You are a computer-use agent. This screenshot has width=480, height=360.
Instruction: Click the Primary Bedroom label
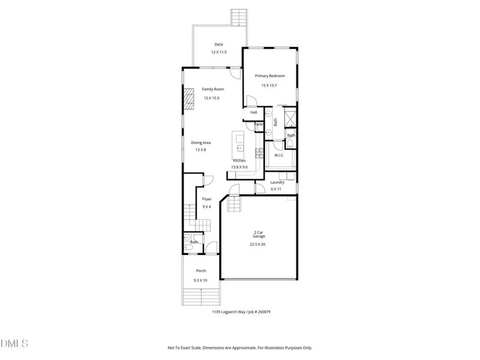coord(269,76)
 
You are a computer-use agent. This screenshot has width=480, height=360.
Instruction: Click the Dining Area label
coord(200,142)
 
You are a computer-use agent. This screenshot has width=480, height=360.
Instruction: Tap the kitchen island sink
coord(239,146)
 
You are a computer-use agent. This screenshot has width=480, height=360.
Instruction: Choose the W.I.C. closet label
coord(279,155)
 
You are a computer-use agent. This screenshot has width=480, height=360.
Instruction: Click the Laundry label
coord(277,182)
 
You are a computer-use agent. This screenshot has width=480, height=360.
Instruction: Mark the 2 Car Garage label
coord(260,234)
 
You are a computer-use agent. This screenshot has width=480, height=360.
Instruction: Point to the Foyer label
coord(206,199)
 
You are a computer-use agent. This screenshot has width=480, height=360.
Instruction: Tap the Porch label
coord(200,271)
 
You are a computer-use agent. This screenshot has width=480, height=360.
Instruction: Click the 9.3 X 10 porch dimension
coord(200,280)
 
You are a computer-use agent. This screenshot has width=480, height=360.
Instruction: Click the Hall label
coord(254,112)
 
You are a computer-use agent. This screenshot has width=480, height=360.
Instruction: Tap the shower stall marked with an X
coord(290,117)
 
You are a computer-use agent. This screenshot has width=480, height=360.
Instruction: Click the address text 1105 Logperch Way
coord(224,312)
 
